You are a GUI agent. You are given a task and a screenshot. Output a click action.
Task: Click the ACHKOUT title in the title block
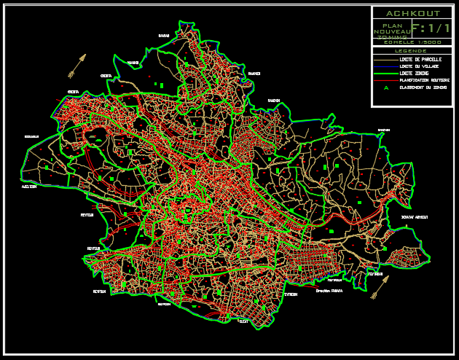pos(412,13)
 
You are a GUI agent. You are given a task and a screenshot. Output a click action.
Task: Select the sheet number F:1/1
pos(431,28)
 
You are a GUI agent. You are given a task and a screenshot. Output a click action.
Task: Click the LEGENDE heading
pos(412,51)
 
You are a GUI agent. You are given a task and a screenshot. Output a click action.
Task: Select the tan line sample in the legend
pos(385,58)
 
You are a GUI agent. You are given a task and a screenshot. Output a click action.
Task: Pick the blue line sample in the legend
pos(385,66)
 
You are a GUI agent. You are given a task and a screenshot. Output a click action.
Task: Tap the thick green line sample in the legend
pos(385,74)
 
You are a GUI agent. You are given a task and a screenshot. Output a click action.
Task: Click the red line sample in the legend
pos(385,80)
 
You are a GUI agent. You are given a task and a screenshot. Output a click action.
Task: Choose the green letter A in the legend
pos(386,88)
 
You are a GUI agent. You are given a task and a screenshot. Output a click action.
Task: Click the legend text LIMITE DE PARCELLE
pos(421,58)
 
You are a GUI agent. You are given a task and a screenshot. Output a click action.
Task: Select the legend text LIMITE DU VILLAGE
pos(420,66)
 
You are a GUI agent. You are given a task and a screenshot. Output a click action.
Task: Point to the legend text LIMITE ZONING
pos(415,74)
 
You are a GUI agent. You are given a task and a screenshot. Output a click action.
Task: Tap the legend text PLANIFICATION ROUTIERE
pos(425,80)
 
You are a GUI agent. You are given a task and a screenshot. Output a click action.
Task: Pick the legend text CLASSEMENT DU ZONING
pos(423,87)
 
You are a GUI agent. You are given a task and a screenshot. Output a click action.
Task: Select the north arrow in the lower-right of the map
pos(379,290)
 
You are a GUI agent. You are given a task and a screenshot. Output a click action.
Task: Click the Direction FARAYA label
pos(329,290)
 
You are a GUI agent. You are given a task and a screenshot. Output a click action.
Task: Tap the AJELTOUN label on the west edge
pos(29,187)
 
